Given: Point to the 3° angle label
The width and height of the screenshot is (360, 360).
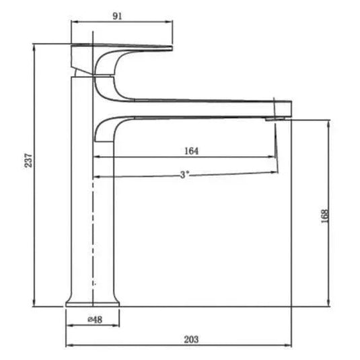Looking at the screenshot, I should [184, 174].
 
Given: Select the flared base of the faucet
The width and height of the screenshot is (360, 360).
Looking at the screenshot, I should [92, 299].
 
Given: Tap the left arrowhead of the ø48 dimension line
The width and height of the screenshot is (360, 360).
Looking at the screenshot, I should [69, 327].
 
